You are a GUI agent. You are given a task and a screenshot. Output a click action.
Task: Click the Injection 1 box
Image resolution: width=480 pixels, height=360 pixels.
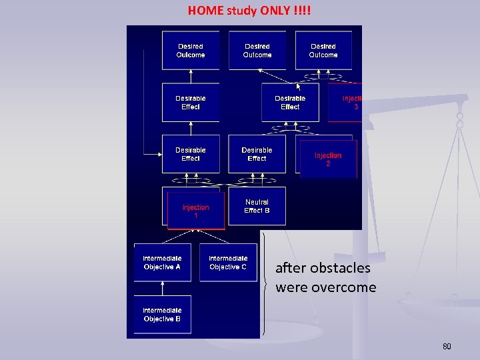tap(195, 211)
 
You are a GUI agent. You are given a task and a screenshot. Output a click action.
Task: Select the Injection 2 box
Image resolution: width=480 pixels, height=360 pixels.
tap(328, 159)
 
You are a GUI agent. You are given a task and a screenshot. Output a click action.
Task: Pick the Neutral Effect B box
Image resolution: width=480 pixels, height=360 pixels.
tap(257, 206)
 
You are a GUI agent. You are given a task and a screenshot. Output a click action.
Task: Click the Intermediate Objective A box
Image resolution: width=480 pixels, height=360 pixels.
tap(162, 263)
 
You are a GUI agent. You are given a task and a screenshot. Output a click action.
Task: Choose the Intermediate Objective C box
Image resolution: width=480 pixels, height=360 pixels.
tap(228, 263)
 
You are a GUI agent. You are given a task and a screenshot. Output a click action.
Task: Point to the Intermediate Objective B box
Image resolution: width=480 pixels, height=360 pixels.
tap(162, 315)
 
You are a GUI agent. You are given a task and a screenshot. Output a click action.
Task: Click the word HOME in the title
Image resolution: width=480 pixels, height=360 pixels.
tap(206, 10)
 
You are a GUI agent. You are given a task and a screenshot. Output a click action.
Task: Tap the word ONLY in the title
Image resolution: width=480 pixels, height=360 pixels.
tap(270, 10)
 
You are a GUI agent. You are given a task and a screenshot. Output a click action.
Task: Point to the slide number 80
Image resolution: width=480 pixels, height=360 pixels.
tap(447, 347)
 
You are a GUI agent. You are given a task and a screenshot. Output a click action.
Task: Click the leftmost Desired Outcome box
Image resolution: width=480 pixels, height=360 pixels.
tap(191, 51)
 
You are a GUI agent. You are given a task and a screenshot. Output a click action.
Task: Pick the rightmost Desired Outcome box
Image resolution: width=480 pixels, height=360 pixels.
tap(323, 51)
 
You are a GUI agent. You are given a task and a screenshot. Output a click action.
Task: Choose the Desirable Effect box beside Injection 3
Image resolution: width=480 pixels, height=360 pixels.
tap(290, 103)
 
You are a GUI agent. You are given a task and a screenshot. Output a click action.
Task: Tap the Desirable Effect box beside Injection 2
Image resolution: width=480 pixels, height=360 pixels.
tap(257, 155)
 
